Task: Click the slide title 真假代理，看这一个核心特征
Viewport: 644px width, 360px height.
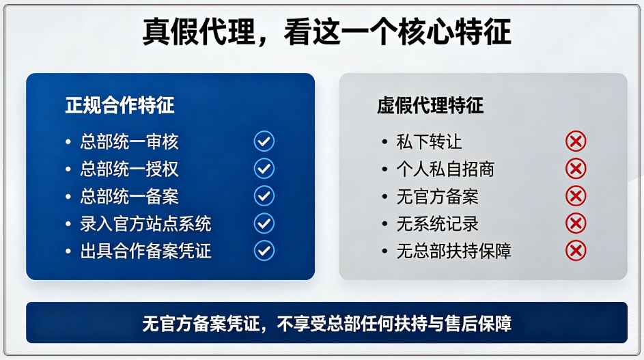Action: coord(326,32)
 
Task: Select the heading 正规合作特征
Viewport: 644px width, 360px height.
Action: coord(120,105)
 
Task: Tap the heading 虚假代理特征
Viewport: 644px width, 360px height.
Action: coord(430,105)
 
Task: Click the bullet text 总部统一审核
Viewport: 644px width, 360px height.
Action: coord(129,142)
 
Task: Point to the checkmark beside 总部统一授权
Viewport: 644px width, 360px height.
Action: coord(264,169)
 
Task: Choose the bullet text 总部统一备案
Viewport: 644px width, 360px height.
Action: coord(129,197)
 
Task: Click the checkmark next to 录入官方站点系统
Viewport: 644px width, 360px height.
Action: coord(264,223)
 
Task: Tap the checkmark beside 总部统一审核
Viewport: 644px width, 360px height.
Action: coord(264,141)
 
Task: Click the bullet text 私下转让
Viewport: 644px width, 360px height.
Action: coord(429,142)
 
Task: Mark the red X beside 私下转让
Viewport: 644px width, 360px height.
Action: coord(576,141)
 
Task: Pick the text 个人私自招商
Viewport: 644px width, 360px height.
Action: coord(446,169)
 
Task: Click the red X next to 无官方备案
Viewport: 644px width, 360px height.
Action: coord(576,196)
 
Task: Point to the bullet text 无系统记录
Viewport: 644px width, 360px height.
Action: coord(437,223)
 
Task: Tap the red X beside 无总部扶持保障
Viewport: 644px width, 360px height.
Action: coord(576,251)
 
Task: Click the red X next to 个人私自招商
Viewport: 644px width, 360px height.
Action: coord(576,169)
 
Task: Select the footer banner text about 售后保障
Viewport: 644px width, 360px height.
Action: coord(327,323)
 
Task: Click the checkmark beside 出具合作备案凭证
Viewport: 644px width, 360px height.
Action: coord(264,251)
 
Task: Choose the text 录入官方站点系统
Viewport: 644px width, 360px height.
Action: coord(145,223)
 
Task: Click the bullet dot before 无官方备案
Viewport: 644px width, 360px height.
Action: coord(385,197)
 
